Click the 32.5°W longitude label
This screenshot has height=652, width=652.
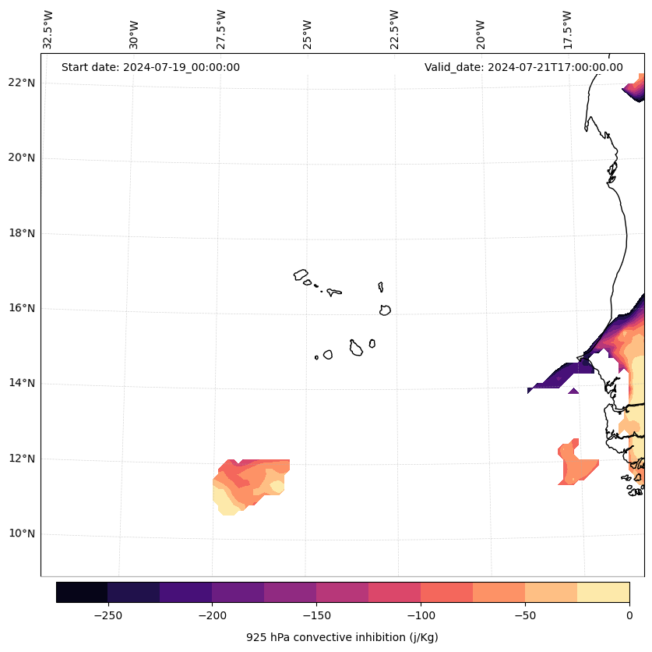(x=48, y=30)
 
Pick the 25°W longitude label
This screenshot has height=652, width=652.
(x=308, y=34)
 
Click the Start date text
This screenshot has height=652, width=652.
(x=150, y=67)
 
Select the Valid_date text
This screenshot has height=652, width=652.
(x=523, y=67)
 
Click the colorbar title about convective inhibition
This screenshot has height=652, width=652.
(x=342, y=637)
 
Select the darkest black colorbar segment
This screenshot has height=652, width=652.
(x=82, y=592)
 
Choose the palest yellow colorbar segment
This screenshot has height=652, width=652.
(x=603, y=592)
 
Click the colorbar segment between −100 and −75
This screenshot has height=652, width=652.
(x=446, y=592)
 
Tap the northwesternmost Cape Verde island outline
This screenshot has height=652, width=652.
(x=301, y=275)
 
